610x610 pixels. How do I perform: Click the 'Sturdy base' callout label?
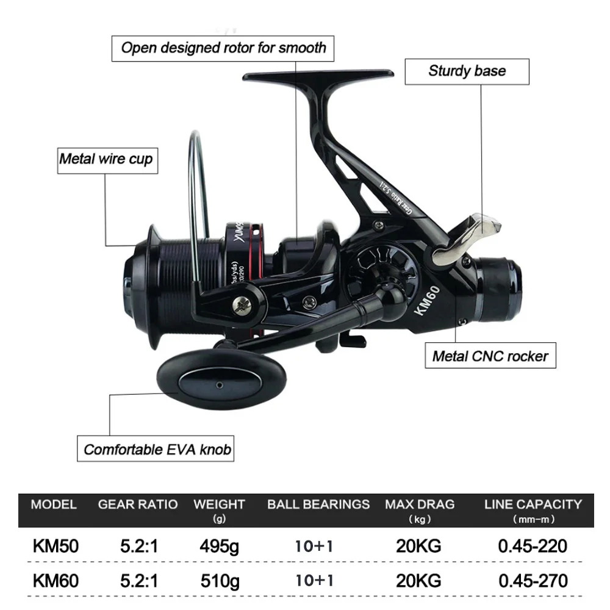tap(467, 71)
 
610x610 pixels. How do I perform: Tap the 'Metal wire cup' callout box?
tap(106, 160)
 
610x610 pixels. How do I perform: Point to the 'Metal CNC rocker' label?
tap(490, 356)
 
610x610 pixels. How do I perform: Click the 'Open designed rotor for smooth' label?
tap(223, 48)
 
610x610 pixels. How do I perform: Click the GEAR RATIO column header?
tap(138, 504)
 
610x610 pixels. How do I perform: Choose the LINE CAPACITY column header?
tap(533, 504)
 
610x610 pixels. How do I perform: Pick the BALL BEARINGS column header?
tap(318, 504)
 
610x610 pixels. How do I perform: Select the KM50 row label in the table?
tap(56, 545)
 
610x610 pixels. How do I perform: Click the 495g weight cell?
tap(219, 545)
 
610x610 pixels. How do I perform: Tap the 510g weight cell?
tap(219, 580)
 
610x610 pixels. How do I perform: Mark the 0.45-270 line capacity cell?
tap(533, 580)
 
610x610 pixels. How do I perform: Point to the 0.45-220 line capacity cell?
tap(533, 545)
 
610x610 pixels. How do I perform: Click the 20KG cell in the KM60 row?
tap(418, 580)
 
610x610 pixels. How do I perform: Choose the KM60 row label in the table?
tap(56, 580)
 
